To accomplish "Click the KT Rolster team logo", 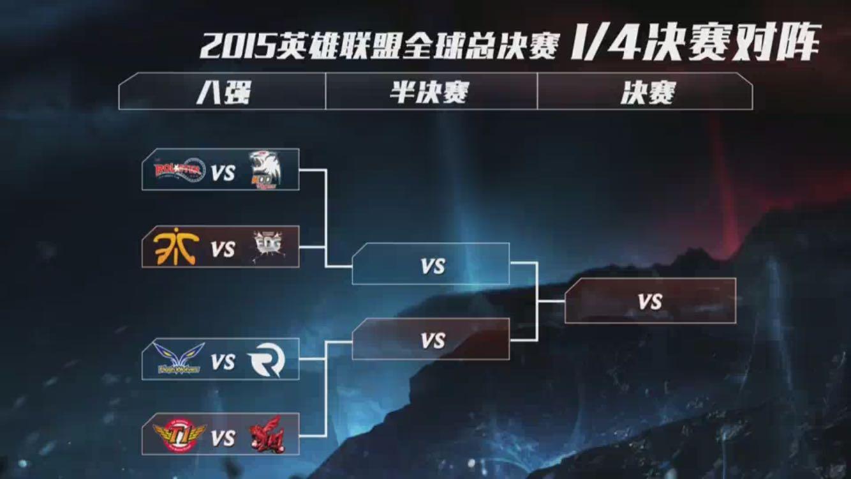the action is tap(179, 170).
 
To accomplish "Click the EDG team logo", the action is tap(267, 246).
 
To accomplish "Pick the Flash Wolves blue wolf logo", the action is tap(179, 359).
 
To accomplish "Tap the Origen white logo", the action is tap(265, 361).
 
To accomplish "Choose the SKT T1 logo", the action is tap(179, 436).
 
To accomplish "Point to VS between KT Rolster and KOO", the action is tap(223, 172).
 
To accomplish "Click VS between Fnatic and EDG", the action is tap(223, 248).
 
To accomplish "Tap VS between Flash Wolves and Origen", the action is tap(223, 362).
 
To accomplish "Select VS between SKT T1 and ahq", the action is tap(223, 438).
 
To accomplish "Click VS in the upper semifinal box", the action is tap(432, 266).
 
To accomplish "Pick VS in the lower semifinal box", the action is tap(432, 341).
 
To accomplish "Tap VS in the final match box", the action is tap(649, 301).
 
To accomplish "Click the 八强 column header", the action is tap(223, 93).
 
